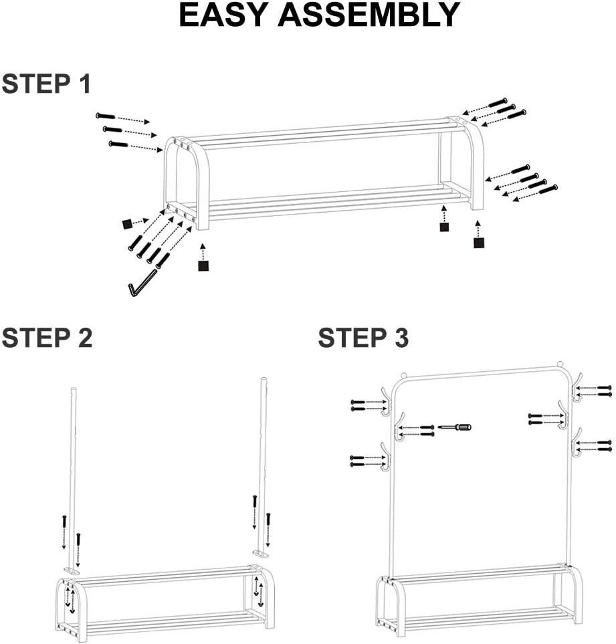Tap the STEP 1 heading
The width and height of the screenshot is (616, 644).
tap(46, 84)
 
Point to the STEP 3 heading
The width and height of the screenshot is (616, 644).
tap(363, 338)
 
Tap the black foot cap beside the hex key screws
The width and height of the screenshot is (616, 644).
tap(127, 224)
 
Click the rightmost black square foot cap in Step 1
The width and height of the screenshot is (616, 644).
tap(479, 243)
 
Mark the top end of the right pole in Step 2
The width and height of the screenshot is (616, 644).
tap(264, 381)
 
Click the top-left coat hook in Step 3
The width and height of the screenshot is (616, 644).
tap(385, 400)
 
